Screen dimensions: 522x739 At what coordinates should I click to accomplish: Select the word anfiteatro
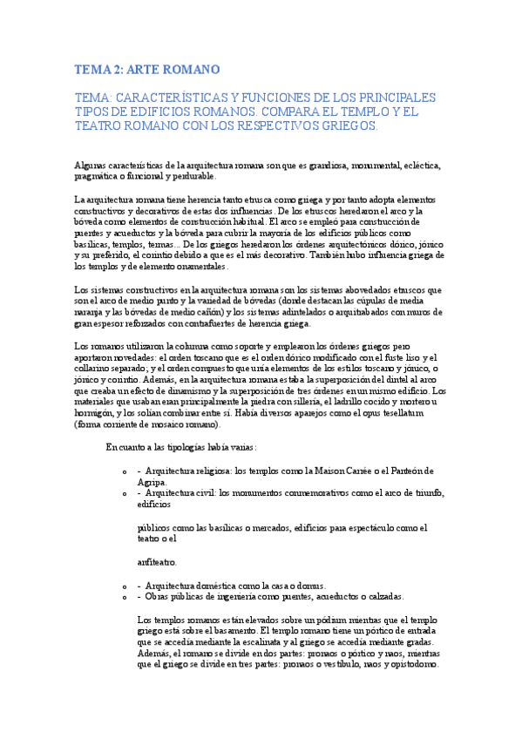click(x=158, y=562)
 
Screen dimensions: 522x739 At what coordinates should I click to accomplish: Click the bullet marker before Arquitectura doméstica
click(x=127, y=586)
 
